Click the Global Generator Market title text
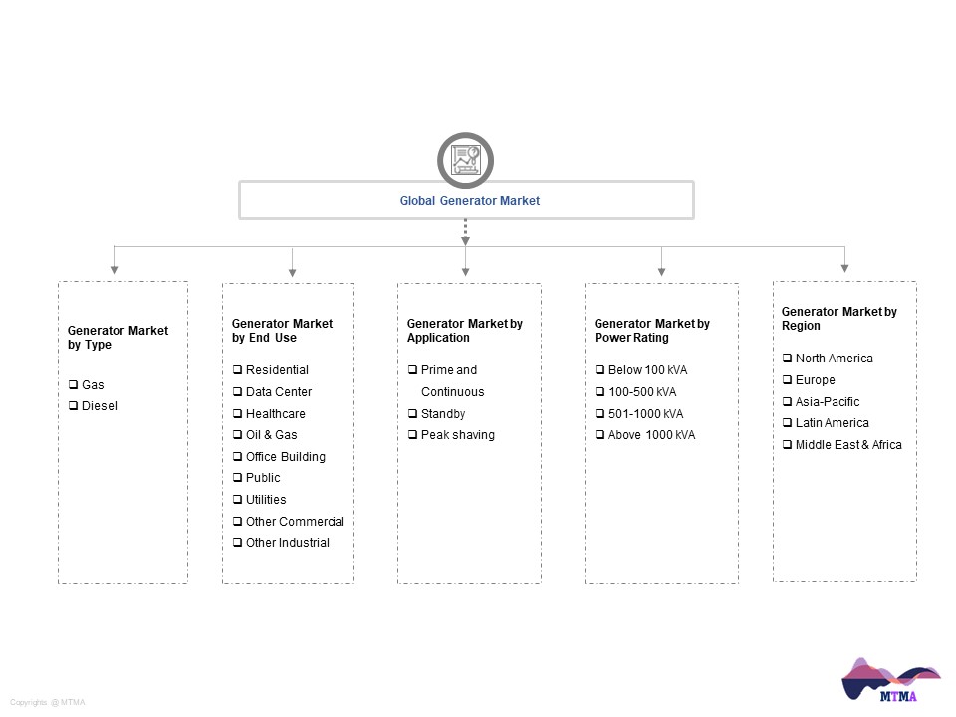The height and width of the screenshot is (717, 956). coord(469,200)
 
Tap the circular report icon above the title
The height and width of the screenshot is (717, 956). coord(465,160)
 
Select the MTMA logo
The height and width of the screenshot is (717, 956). coord(890,680)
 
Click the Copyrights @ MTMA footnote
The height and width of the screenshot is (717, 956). coord(48,702)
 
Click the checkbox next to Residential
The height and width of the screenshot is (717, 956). coord(237,370)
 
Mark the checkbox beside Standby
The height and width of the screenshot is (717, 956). coord(412,414)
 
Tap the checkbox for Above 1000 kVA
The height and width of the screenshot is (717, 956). coord(599,435)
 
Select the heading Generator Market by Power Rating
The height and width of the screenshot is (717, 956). coord(651,330)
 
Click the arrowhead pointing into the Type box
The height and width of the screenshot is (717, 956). coord(114,270)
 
